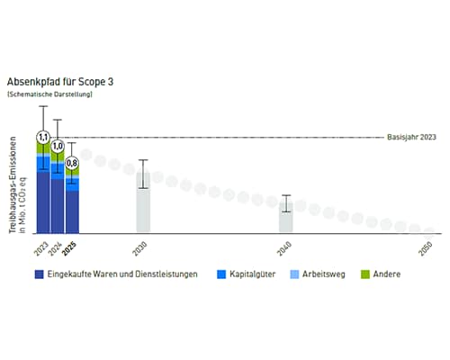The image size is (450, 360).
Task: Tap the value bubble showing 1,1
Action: coord(42,138)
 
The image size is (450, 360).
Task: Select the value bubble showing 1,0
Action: coord(58,145)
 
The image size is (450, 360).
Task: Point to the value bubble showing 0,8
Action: coord(72,163)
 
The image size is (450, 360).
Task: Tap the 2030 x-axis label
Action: coord(142,247)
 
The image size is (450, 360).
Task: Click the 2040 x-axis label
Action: coord(285,247)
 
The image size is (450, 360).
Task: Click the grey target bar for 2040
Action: coord(285,219)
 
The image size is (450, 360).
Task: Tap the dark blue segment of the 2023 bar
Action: coord(42,202)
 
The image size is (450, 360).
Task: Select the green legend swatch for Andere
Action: coord(365,274)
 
